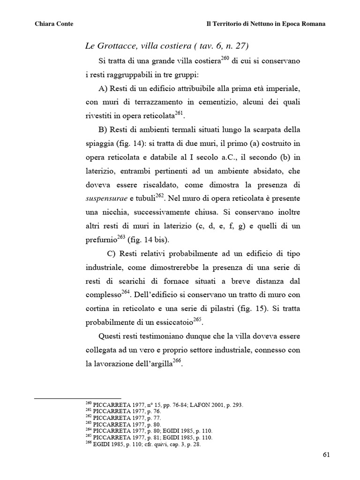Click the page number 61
pyautogui.click(x=327, y=454)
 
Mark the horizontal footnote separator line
pyautogui.click(x=78, y=398)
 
